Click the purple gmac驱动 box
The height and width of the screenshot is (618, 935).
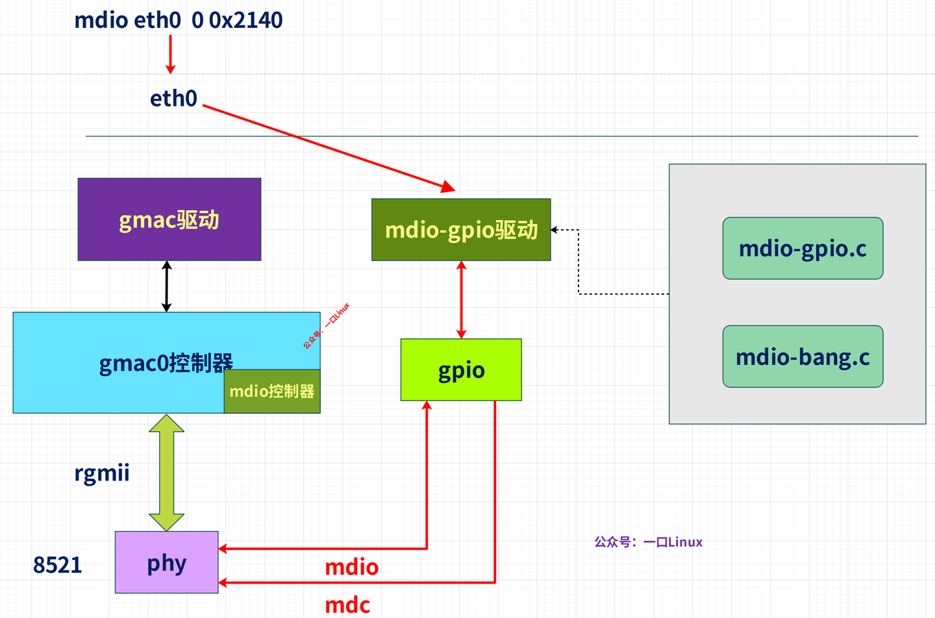tap(169, 219)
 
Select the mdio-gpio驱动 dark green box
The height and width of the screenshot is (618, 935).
tap(461, 230)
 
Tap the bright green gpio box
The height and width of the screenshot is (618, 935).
tap(461, 370)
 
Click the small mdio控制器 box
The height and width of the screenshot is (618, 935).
tap(272, 391)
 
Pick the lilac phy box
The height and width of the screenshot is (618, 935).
tap(166, 562)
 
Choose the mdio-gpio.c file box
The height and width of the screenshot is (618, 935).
tap(803, 249)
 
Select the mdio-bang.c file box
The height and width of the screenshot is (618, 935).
tap(803, 357)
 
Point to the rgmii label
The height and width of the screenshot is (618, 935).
tap(102, 473)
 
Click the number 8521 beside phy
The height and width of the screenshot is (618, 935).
tap(57, 565)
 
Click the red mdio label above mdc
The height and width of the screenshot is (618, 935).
tap(351, 567)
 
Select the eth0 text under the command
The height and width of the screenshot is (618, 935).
tap(173, 99)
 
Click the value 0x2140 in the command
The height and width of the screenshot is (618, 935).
tap(245, 20)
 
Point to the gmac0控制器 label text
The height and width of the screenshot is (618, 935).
tap(166, 363)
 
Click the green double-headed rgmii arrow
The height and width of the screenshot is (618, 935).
tap(167, 473)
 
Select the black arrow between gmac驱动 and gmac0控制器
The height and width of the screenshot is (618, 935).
tap(166, 286)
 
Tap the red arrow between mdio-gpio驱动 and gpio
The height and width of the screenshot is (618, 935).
tap(461, 299)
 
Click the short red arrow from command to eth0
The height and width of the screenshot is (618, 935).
tap(171, 55)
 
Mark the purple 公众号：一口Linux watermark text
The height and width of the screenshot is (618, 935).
tap(648, 542)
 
